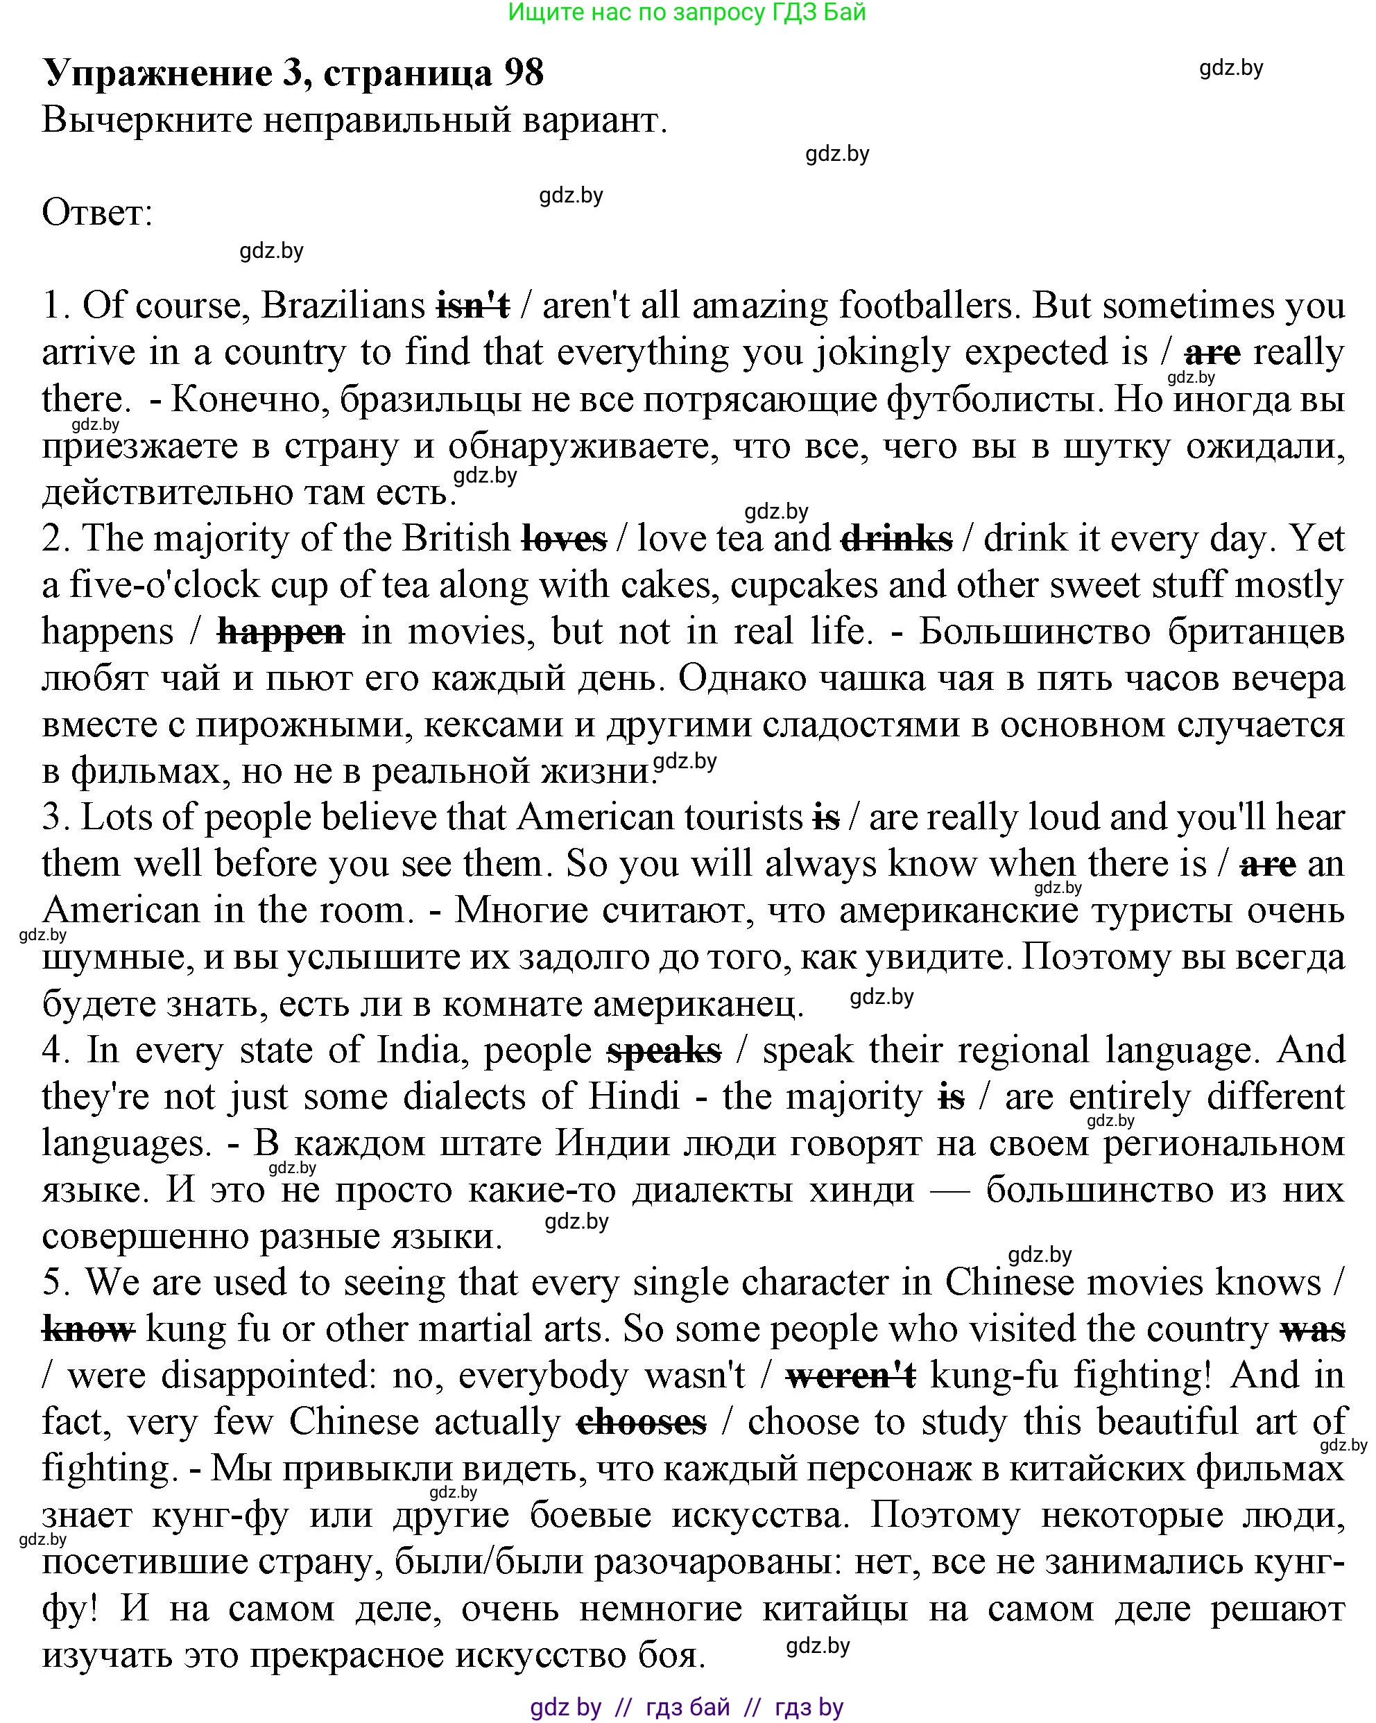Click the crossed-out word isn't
472,306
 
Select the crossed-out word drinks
896,539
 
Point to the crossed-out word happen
281,632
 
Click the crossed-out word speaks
664,1051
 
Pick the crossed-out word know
88,1330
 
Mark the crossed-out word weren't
851,1376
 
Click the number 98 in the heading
524,73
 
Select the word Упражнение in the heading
157,73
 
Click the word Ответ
96,214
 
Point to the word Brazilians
343,306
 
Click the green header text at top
687,12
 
